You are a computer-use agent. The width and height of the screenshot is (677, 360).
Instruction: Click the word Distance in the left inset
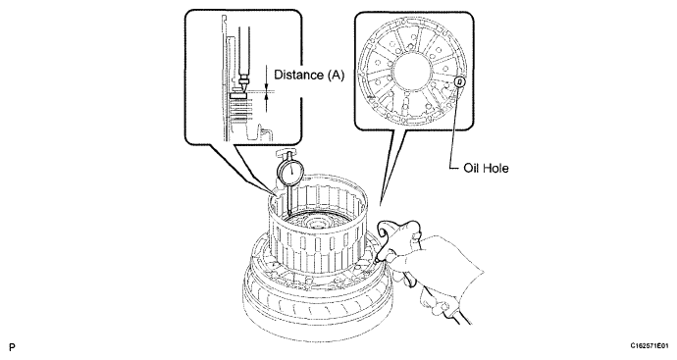click(x=299, y=75)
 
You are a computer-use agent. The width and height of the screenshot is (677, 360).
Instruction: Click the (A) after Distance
click(x=336, y=76)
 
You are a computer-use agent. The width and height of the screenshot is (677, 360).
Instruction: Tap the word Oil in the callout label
click(x=471, y=168)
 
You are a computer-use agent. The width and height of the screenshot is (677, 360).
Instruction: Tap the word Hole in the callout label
click(x=495, y=168)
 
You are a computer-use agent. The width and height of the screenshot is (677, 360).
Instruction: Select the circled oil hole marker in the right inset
click(x=460, y=80)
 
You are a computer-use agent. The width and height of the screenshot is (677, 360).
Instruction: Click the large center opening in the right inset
click(x=412, y=71)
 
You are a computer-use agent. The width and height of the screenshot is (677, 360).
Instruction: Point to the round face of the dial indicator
click(x=291, y=172)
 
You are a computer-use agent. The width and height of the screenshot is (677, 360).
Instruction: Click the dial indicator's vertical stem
click(x=288, y=198)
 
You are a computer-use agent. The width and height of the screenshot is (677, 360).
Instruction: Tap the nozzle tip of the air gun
click(x=377, y=260)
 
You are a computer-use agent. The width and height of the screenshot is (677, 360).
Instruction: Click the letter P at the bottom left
click(x=12, y=346)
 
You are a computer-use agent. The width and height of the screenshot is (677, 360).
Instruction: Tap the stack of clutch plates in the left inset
click(x=241, y=110)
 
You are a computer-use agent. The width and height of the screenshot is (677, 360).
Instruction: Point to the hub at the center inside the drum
click(x=317, y=223)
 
